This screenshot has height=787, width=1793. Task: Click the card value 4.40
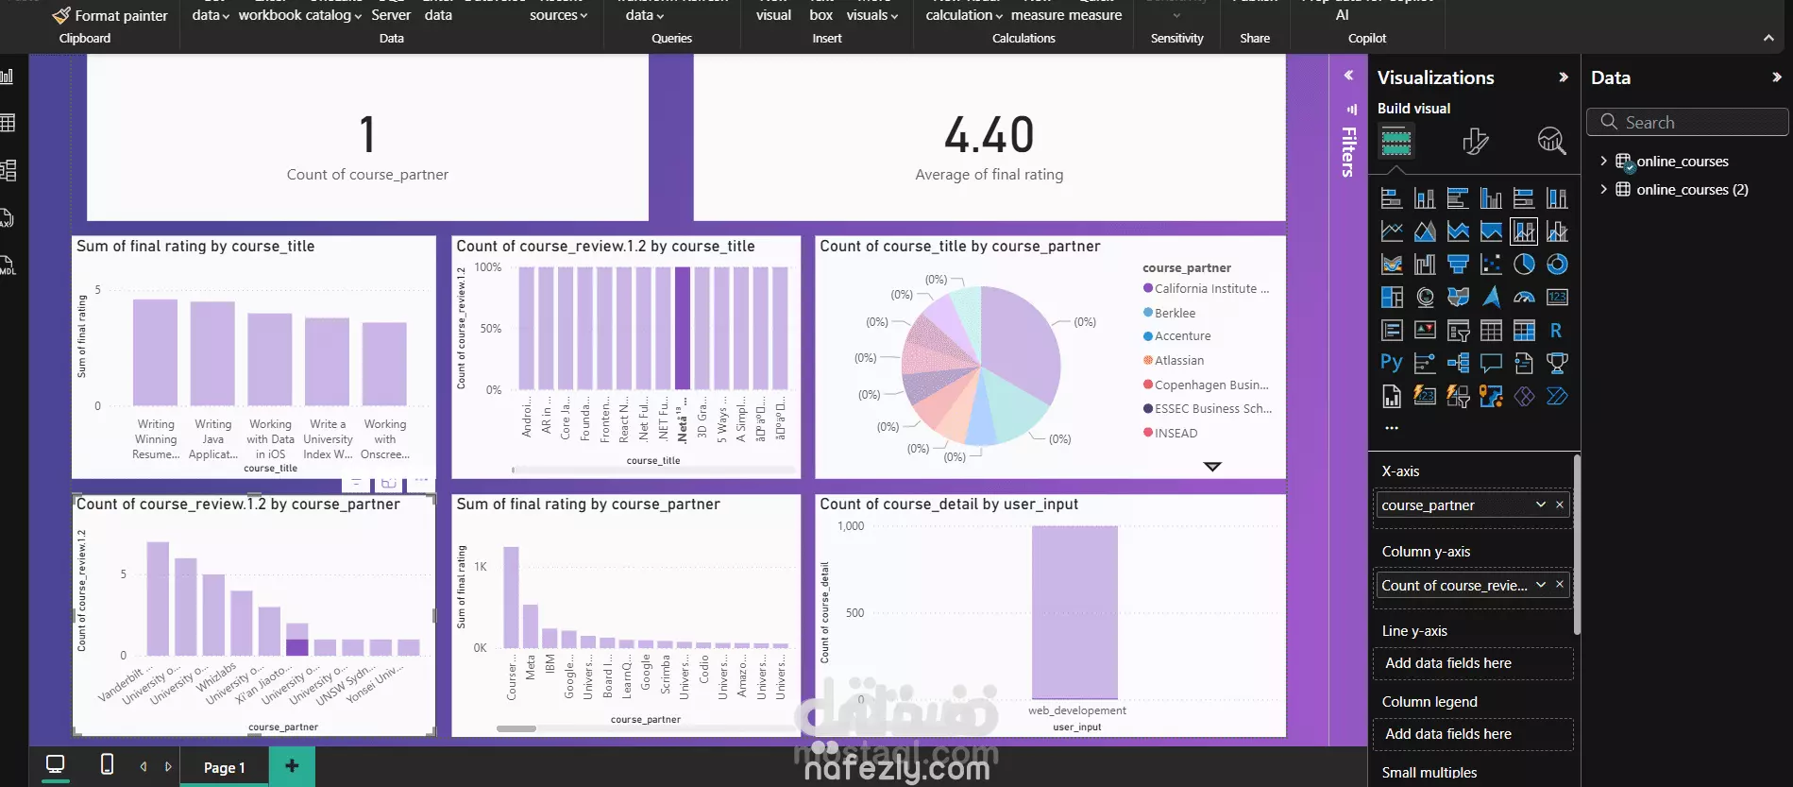point(989,135)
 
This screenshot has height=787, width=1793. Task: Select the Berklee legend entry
point(1175,313)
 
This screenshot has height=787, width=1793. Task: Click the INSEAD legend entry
point(1176,433)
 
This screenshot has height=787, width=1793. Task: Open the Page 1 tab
point(224,767)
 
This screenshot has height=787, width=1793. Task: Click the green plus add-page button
point(292,766)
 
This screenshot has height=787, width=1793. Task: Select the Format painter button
point(110,15)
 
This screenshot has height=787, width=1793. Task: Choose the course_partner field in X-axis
point(1454,505)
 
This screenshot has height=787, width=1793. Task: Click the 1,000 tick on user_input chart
point(851,526)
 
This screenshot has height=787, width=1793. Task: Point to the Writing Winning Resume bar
point(155,352)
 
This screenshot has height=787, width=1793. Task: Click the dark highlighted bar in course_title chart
point(683,328)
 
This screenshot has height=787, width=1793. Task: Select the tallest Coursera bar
point(511,597)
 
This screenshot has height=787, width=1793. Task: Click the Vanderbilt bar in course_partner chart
point(158,598)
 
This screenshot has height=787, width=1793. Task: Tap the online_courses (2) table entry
point(1691,190)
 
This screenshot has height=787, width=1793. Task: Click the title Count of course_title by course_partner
point(959,247)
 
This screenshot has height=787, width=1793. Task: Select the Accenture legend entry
point(1182,336)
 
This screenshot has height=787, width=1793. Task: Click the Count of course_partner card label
point(367,175)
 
